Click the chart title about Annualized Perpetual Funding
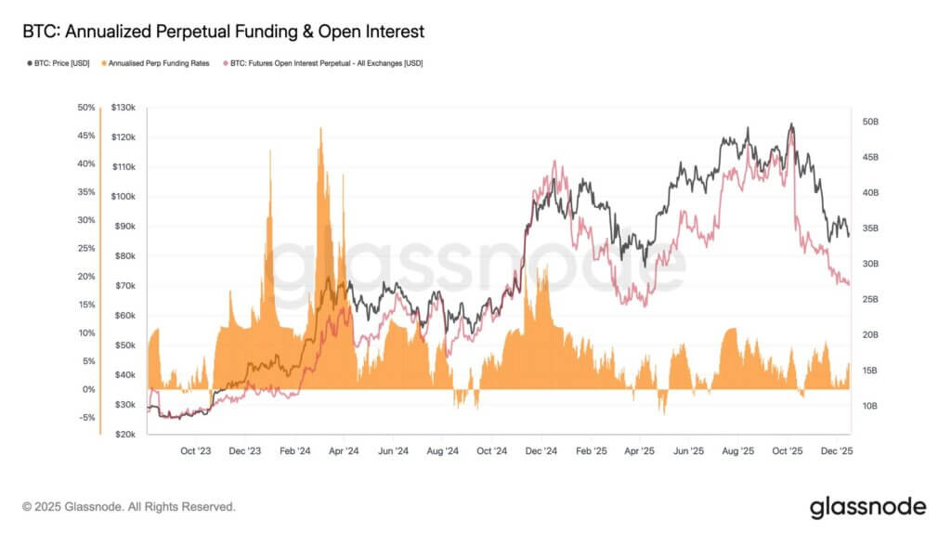click(223, 32)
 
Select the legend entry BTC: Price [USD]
click(58, 63)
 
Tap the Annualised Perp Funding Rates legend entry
click(158, 63)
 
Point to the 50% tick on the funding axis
click(85, 108)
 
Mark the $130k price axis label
click(124, 108)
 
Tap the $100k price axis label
click(124, 197)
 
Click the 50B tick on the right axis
click(870, 123)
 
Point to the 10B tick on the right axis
click(870, 406)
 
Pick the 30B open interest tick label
click(870, 264)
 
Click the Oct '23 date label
click(195, 451)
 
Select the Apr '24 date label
click(344, 451)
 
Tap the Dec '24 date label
click(541, 451)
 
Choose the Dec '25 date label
click(837, 451)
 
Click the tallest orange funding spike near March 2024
click(320, 130)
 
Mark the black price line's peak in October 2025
click(791, 124)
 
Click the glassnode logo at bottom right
click(867, 507)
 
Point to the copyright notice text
click(129, 507)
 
